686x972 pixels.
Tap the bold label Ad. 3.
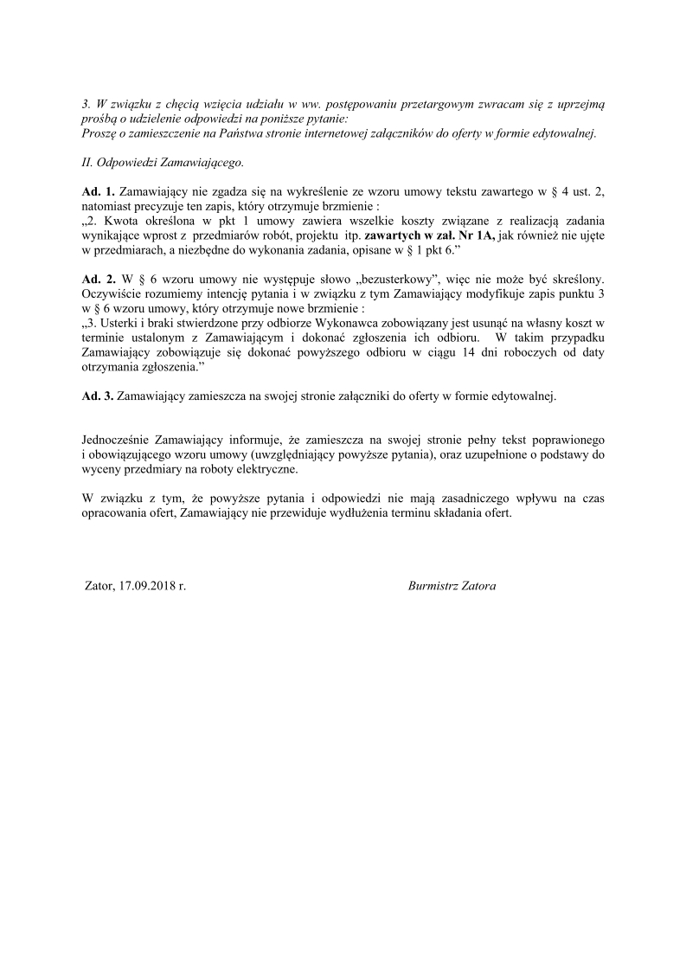pos(97,396)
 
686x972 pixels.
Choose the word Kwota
pos(125,220)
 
